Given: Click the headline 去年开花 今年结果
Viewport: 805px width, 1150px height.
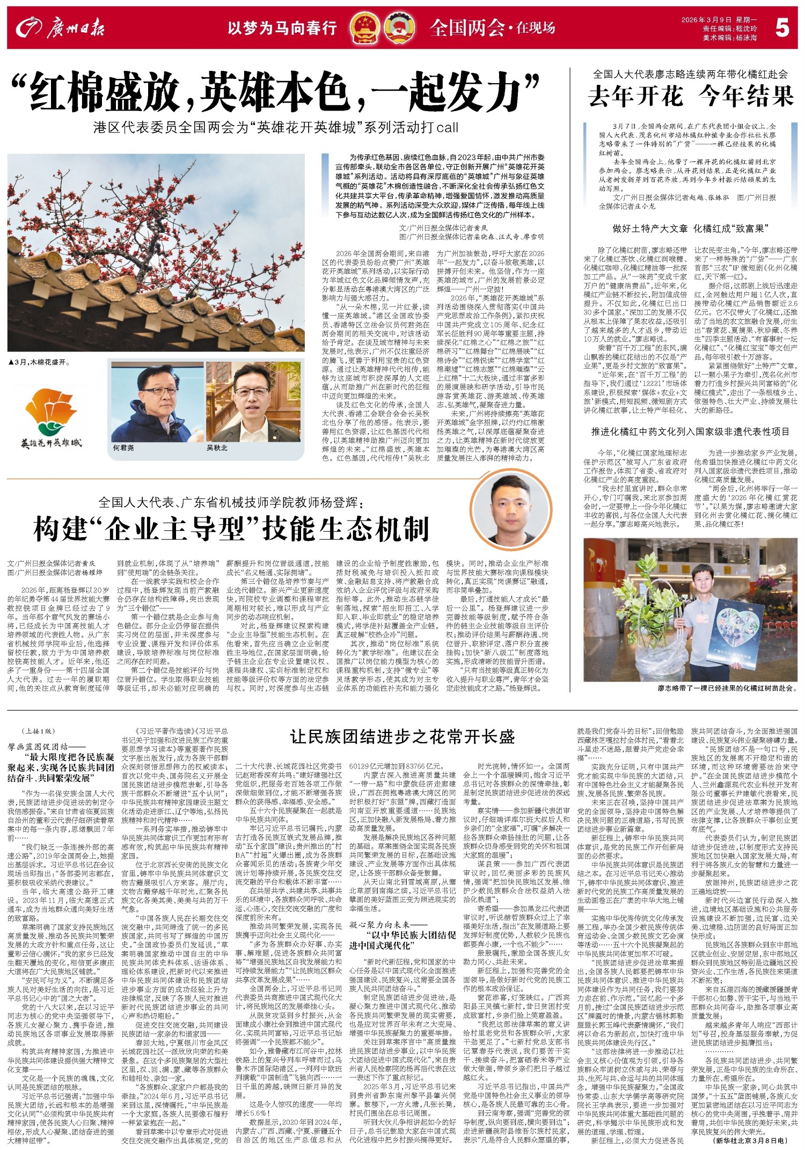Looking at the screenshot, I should coord(690,97).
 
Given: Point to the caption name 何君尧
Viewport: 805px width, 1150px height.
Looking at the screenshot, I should coord(123,447).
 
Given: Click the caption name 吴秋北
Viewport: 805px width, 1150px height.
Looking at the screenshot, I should coord(217,447).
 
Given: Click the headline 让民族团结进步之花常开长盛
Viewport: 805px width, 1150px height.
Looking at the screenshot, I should coord(402,736).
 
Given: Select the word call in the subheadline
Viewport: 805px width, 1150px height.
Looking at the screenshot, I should coord(448,128).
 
